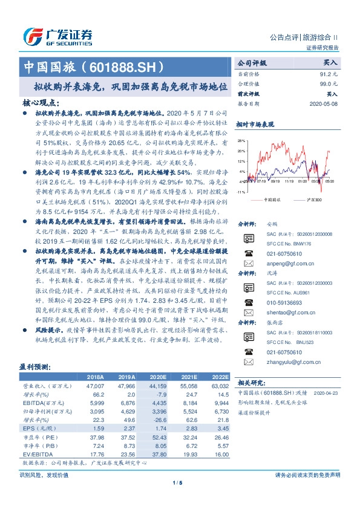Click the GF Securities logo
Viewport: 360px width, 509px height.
[57, 36]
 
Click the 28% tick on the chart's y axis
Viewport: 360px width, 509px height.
[241, 141]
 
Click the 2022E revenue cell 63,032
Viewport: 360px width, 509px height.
[219, 384]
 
